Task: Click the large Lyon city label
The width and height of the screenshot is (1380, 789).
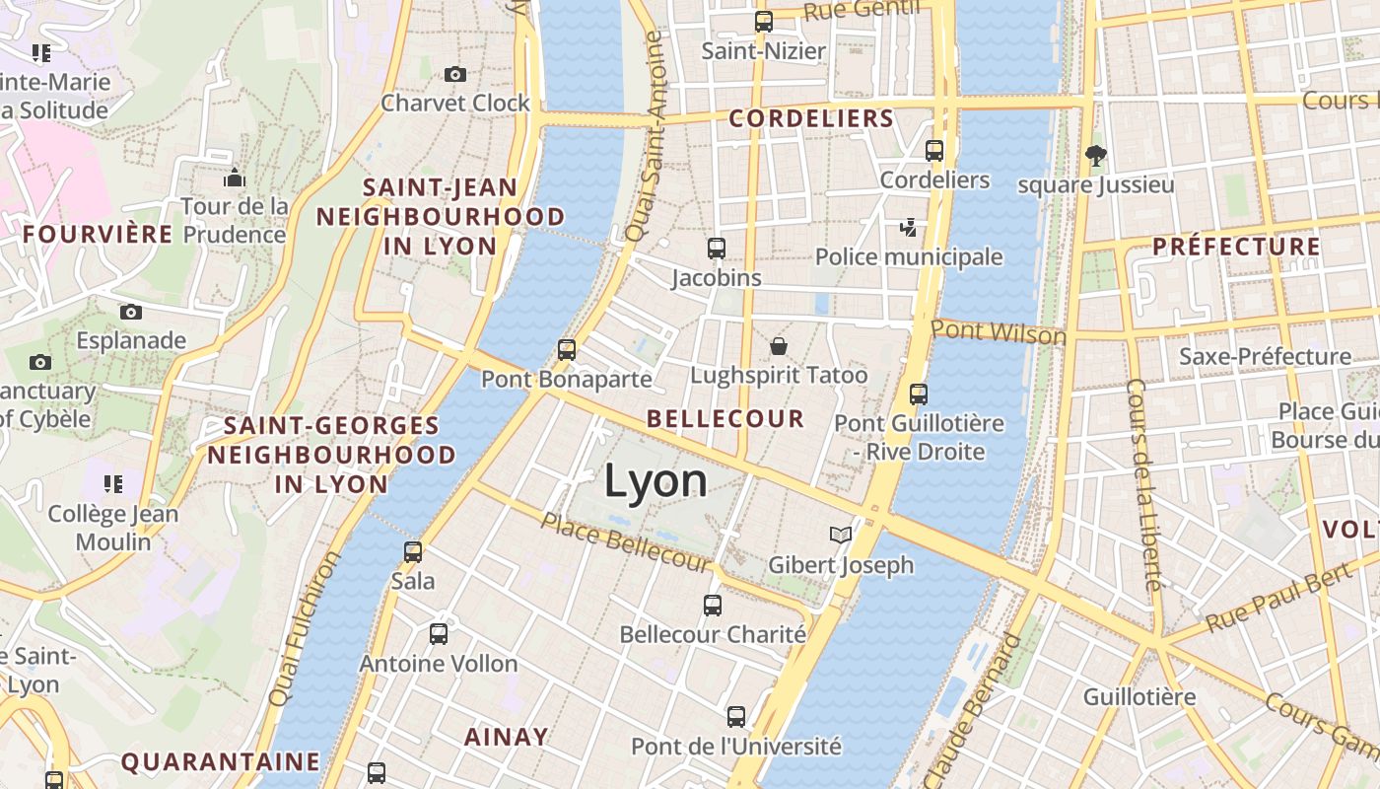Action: pyautogui.click(x=655, y=481)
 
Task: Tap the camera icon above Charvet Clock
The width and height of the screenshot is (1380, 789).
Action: pyautogui.click(x=454, y=74)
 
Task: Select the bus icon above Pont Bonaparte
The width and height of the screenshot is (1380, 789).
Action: pyautogui.click(x=566, y=349)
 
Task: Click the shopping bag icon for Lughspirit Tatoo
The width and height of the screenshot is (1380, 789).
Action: pyautogui.click(x=779, y=346)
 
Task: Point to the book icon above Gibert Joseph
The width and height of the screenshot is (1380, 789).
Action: pyautogui.click(x=841, y=535)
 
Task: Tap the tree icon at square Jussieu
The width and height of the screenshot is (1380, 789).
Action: pyautogui.click(x=1095, y=155)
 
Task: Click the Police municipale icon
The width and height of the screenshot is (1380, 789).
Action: pyautogui.click(x=908, y=228)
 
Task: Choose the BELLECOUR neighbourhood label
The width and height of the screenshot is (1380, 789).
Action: pyautogui.click(x=725, y=418)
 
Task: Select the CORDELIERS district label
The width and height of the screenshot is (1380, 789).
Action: pyautogui.click(x=811, y=119)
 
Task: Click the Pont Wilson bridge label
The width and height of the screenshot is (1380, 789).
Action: pyautogui.click(x=999, y=332)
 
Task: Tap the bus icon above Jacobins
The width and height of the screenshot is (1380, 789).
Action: pyautogui.click(x=717, y=249)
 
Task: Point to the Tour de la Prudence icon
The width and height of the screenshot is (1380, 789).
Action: pyautogui.click(x=235, y=178)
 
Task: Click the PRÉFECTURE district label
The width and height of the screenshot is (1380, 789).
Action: pyautogui.click(x=1236, y=247)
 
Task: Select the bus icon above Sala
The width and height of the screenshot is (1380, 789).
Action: pyautogui.click(x=413, y=552)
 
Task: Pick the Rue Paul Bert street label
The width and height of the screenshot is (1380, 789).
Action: pyautogui.click(x=1276, y=599)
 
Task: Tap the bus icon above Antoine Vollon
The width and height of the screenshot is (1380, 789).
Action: pyautogui.click(x=439, y=634)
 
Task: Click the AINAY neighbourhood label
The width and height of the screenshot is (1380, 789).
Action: pyautogui.click(x=506, y=737)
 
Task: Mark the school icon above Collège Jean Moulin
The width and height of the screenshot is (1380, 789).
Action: pyautogui.click(x=113, y=484)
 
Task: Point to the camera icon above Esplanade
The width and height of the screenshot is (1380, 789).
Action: pyautogui.click(x=131, y=313)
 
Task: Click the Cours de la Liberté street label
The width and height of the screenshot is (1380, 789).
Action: pyautogui.click(x=1142, y=483)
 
